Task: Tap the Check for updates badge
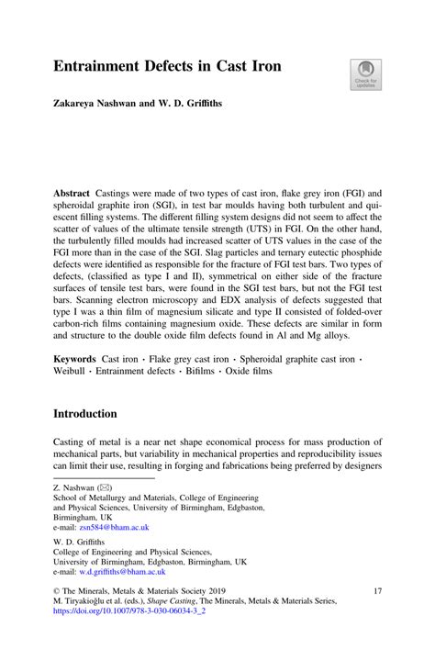pyautogui.click(x=364, y=73)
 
